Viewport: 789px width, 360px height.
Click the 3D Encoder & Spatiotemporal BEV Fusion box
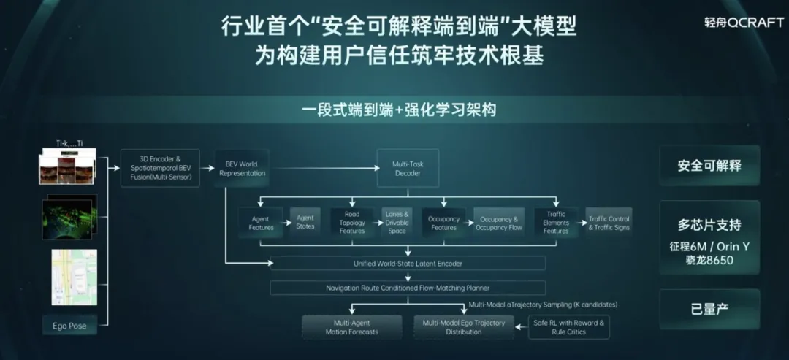coord(160,169)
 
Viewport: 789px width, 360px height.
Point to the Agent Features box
coord(261,223)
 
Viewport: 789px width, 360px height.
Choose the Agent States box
coord(305,222)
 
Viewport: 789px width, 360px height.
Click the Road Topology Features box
coord(352,223)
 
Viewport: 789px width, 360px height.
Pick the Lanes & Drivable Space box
coord(397,221)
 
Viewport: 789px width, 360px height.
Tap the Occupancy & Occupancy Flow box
coord(499,222)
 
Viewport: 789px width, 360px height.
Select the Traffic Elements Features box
coord(556,223)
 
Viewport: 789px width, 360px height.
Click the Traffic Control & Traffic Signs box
coord(609,222)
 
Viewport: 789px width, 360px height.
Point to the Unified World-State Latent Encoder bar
coord(408,263)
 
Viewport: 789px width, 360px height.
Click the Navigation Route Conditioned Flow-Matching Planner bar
coord(408,288)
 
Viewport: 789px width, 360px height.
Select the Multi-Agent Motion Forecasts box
coord(352,326)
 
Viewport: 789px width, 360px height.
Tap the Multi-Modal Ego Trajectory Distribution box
coord(463,326)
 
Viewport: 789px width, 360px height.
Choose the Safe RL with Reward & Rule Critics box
coord(569,326)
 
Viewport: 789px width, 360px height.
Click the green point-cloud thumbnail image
coord(70,216)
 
